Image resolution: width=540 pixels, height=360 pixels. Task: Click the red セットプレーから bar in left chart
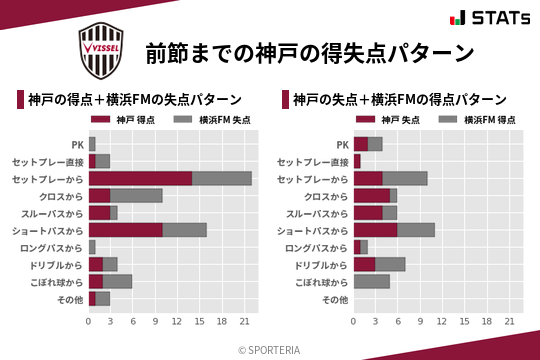(140, 178)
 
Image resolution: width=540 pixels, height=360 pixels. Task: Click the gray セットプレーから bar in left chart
(222, 178)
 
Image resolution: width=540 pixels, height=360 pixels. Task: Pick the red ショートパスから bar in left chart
(126, 230)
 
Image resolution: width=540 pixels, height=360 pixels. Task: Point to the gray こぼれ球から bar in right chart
(372, 281)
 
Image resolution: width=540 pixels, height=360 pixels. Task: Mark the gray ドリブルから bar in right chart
(391, 264)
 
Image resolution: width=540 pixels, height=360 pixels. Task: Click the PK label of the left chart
(77, 144)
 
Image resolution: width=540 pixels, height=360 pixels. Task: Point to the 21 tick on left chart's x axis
(244, 321)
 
